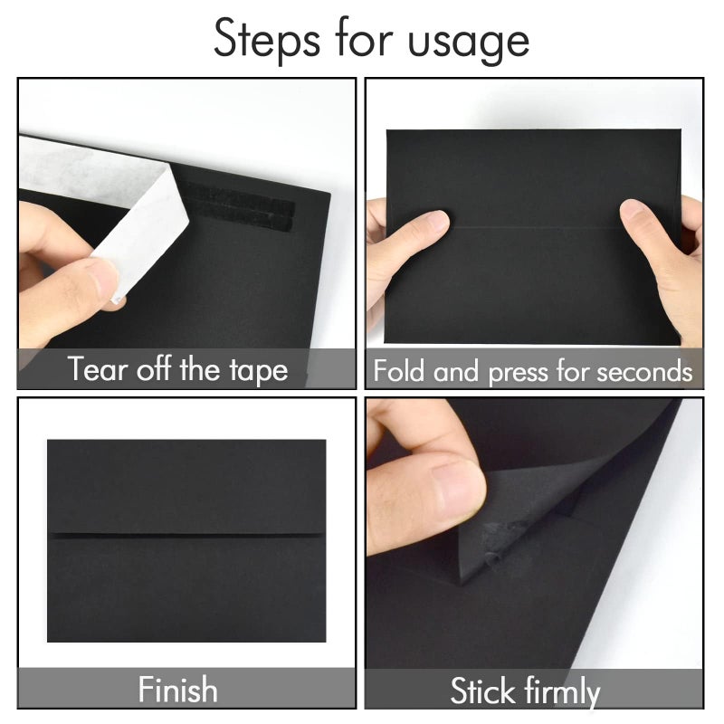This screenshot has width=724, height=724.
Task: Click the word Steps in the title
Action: (266, 40)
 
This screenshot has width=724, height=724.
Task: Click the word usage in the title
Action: (468, 43)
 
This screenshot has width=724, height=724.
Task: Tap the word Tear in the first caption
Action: (97, 368)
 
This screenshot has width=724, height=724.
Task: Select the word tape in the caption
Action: (259, 372)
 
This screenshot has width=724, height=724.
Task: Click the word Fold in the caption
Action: (398, 370)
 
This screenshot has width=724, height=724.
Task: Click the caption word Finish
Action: (177, 690)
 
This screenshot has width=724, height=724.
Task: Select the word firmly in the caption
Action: (563, 692)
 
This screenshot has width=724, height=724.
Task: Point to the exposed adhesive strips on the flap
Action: (240, 207)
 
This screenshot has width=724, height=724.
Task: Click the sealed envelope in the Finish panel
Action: (186, 540)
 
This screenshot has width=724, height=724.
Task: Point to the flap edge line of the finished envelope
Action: (186, 534)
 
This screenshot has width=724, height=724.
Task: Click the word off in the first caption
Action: (154, 368)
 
